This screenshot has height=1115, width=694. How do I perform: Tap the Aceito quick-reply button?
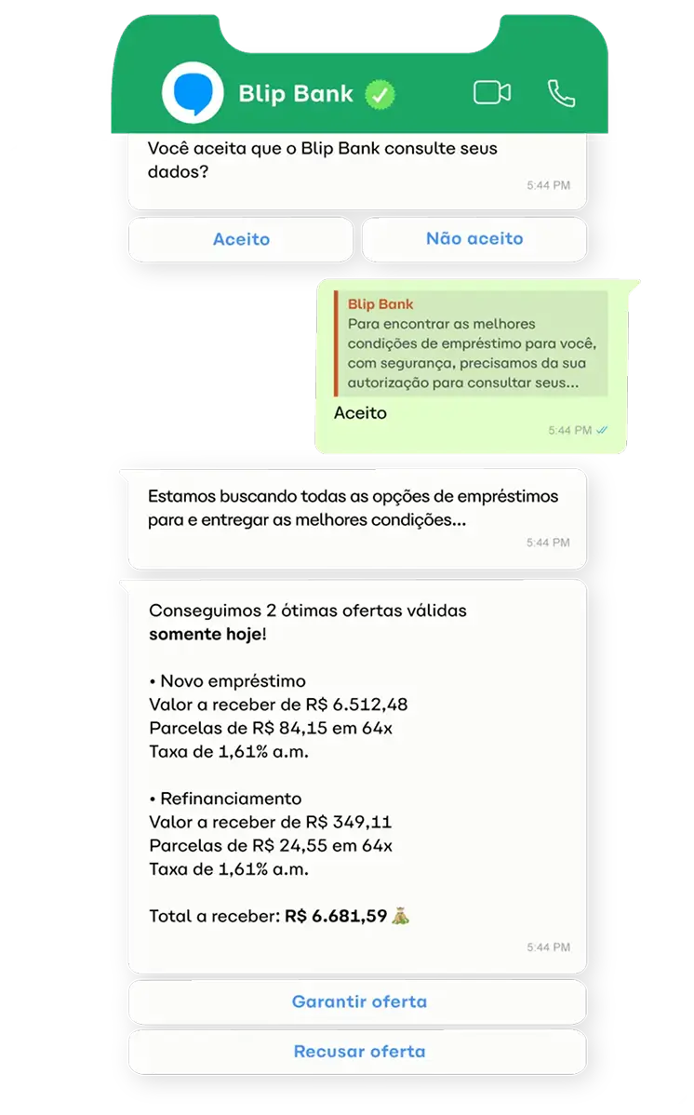coord(241,239)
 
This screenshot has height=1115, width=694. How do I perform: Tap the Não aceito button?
coord(474,239)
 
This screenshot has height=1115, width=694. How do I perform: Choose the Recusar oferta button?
coord(358,1051)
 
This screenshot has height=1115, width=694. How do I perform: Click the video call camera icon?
coord(492,93)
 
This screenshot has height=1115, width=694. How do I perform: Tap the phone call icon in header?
coord(561,93)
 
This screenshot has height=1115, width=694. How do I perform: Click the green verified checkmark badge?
coord(380,94)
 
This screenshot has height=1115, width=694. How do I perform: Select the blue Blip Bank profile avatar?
coord(193,94)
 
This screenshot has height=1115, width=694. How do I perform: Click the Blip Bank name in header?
coord(296,94)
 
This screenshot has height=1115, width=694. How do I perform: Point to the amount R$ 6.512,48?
coord(358,705)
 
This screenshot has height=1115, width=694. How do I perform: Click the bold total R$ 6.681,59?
coord(336,916)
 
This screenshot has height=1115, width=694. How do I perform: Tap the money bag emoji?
coord(401,916)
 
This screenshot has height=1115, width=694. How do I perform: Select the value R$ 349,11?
coord(344,822)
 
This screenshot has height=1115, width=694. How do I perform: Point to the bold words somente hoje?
coord(206,634)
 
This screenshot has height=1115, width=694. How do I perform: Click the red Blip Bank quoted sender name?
coord(380,304)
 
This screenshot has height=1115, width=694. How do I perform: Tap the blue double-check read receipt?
coord(603,430)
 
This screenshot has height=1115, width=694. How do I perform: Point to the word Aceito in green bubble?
coord(360,412)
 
